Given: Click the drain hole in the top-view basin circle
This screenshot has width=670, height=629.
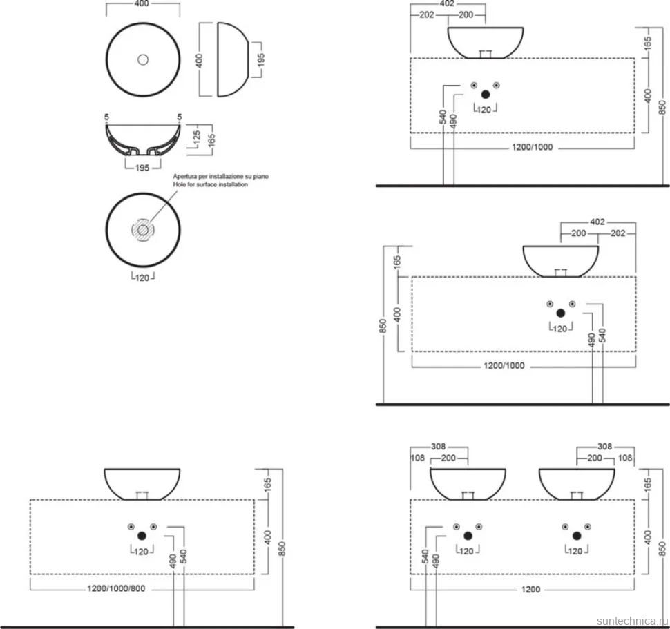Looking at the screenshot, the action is (x=143, y=59).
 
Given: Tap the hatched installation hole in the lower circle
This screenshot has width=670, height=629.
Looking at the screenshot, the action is (x=143, y=230).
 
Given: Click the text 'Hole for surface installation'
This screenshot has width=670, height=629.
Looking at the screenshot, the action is (x=210, y=184).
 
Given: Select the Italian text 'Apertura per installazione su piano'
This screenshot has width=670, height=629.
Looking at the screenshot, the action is (x=220, y=176).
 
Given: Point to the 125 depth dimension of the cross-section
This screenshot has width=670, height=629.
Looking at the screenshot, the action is (x=197, y=137).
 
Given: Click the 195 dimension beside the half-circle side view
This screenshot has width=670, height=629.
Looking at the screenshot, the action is (x=261, y=59).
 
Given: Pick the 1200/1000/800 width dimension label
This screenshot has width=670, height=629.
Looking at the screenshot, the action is (x=116, y=588).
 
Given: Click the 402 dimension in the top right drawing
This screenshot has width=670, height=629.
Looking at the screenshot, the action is (x=447, y=4).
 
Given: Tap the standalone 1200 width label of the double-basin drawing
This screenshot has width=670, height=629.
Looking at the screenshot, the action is (x=530, y=589).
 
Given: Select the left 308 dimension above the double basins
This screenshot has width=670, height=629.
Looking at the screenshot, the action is (x=438, y=446).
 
